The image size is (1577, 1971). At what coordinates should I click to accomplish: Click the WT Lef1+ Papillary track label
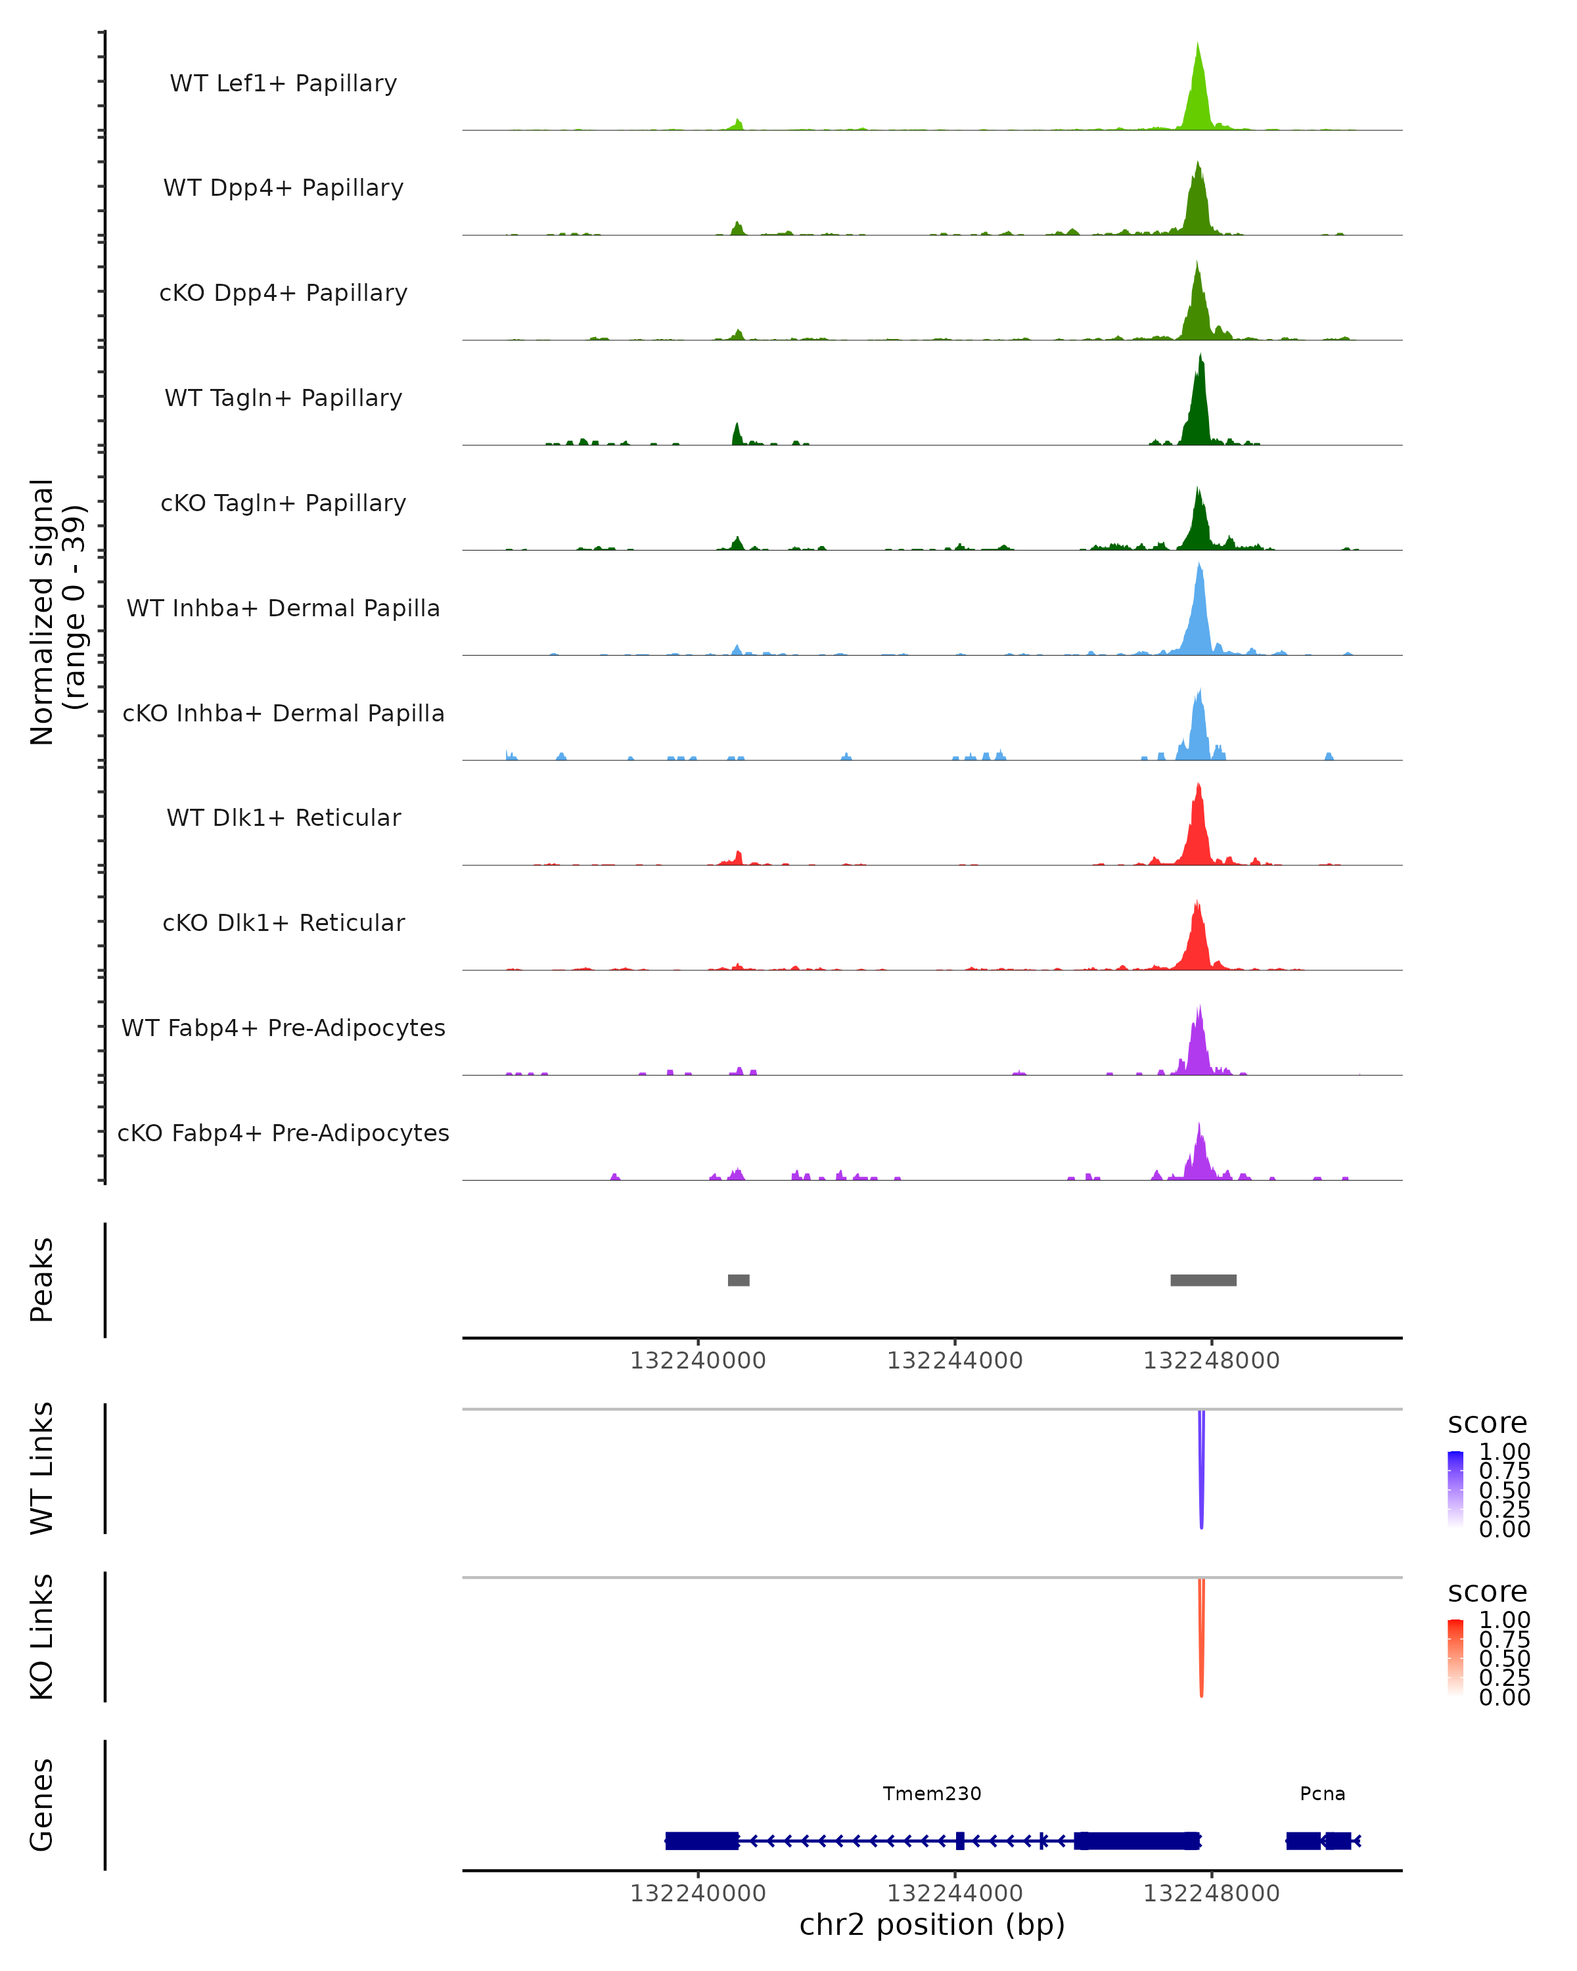(283, 83)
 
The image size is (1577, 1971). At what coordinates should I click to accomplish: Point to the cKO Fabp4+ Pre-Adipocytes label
(283, 1133)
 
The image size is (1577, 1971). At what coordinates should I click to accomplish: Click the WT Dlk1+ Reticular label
(283, 817)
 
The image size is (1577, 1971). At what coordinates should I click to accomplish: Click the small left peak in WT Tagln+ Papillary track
(737, 434)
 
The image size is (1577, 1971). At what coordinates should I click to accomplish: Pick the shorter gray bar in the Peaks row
(739, 1280)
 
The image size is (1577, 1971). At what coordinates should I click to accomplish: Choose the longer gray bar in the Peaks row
(1203, 1280)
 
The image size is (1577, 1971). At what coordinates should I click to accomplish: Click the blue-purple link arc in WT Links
(1201, 1472)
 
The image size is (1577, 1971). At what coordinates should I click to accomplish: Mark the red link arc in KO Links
(1201, 1641)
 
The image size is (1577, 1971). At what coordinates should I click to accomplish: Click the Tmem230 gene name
(932, 1794)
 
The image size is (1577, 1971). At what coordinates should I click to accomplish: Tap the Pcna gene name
(1322, 1794)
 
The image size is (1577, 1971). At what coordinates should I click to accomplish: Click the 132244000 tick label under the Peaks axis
(955, 1361)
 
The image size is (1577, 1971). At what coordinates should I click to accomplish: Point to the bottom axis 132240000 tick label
(698, 1893)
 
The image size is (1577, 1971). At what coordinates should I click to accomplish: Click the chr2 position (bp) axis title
(932, 1925)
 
